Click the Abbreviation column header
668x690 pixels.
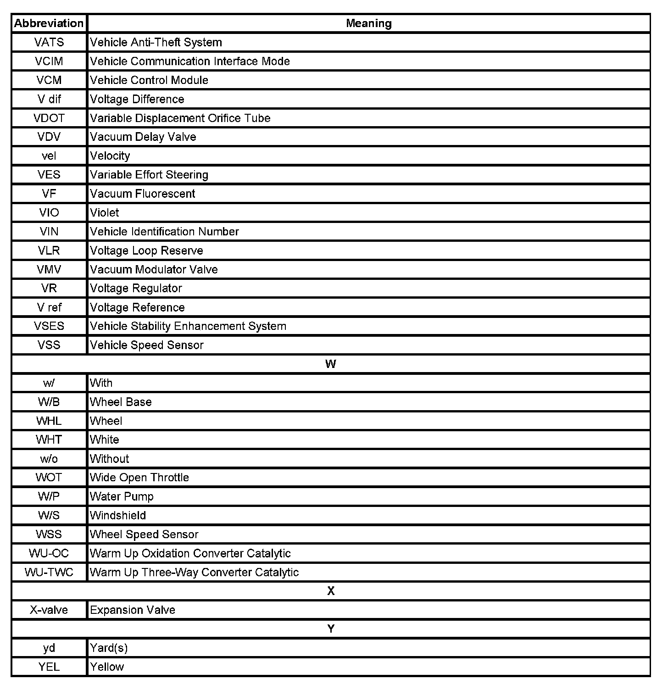pyautogui.click(x=49, y=23)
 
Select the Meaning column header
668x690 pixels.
pyautogui.click(x=368, y=23)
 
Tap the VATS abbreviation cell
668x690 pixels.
pyautogui.click(x=49, y=42)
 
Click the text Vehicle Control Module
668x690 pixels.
pyautogui.click(x=149, y=80)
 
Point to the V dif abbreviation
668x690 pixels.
pyautogui.click(x=49, y=99)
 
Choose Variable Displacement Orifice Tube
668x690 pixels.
pyautogui.click(x=180, y=118)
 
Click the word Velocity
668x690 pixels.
pyautogui.click(x=110, y=156)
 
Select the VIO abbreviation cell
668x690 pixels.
pyautogui.click(x=49, y=212)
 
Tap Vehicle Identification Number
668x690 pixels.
pyautogui.click(x=164, y=232)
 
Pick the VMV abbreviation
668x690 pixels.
pyautogui.click(x=49, y=269)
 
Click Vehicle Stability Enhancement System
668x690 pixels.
pyautogui.click(x=188, y=326)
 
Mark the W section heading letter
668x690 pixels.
pyautogui.click(x=330, y=364)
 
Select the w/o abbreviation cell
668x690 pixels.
pyautogui.click(x=49, y=459)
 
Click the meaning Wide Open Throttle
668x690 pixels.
pyautogui.click(x=139, y=478)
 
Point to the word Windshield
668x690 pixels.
pyautogui.click(x=118, y=515)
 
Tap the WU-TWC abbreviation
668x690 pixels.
pyautogui.click(x=49, y=572)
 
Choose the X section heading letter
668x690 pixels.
pyautogui.click(x=331, y=591)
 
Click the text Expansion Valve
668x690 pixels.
pyautogui.click(x=133, y=610)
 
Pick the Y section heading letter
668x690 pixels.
pyautogui.click(x=331, y=629)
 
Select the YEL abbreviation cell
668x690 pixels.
pyautogui.click(x=49, y=667)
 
